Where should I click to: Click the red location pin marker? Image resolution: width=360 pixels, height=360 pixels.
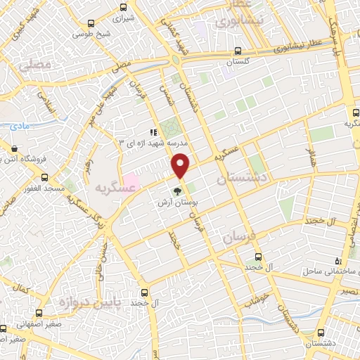point(180,165)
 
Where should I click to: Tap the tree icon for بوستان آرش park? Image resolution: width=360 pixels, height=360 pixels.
point(177,189)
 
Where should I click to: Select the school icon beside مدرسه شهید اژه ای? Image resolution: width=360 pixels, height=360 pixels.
point(152,132)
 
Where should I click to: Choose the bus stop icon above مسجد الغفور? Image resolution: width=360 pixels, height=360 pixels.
point(49,179)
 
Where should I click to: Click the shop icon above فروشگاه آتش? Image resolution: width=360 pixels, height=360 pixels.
point(15,148)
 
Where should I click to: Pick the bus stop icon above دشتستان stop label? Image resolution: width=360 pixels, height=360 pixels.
point(321,333)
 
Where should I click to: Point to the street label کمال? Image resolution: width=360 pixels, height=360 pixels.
point(22,289)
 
